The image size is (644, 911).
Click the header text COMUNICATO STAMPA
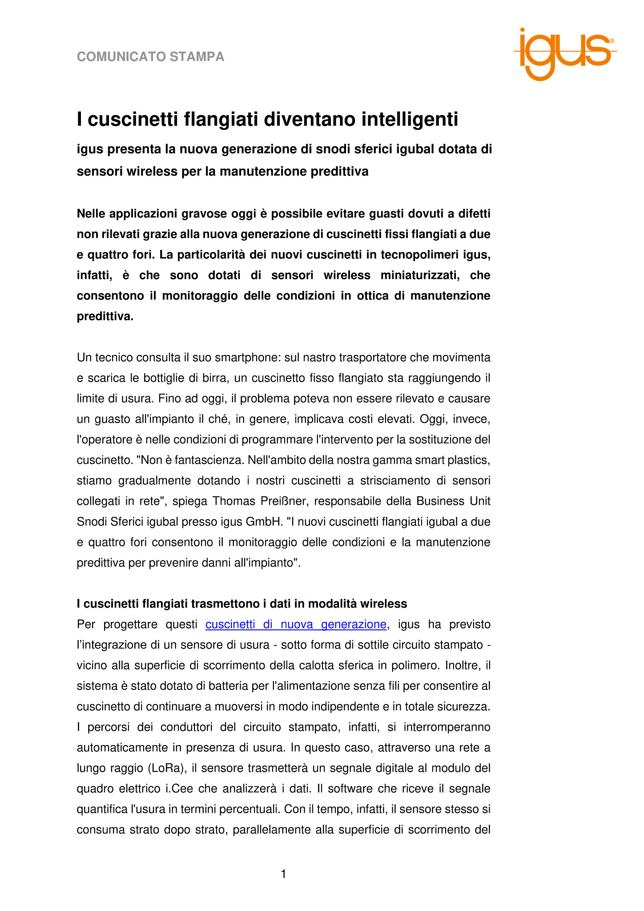[150, 57]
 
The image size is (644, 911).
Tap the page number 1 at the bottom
[283, 874]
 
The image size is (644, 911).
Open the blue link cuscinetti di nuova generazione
[295, 625]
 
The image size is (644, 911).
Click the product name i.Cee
[180, 789]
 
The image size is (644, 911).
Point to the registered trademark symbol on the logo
[612, 40]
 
